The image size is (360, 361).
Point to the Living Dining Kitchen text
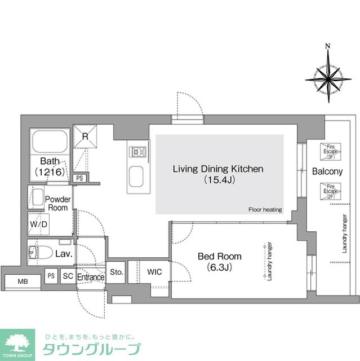click(x=218, y=169)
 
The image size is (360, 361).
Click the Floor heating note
click(x=265, y=210)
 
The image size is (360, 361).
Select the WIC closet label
click(x=154, y=272)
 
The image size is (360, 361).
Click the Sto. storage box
click(x=117, y=271)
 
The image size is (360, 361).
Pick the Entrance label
click(x=91, y=277)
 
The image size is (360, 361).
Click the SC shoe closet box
click(x=68, y=276)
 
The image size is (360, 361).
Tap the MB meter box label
click(x=23, y=281)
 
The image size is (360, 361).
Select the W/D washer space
click(x=38, y=223)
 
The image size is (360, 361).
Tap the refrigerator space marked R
click(x=86, y=137)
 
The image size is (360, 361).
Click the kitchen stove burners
click(x=139, y=152)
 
